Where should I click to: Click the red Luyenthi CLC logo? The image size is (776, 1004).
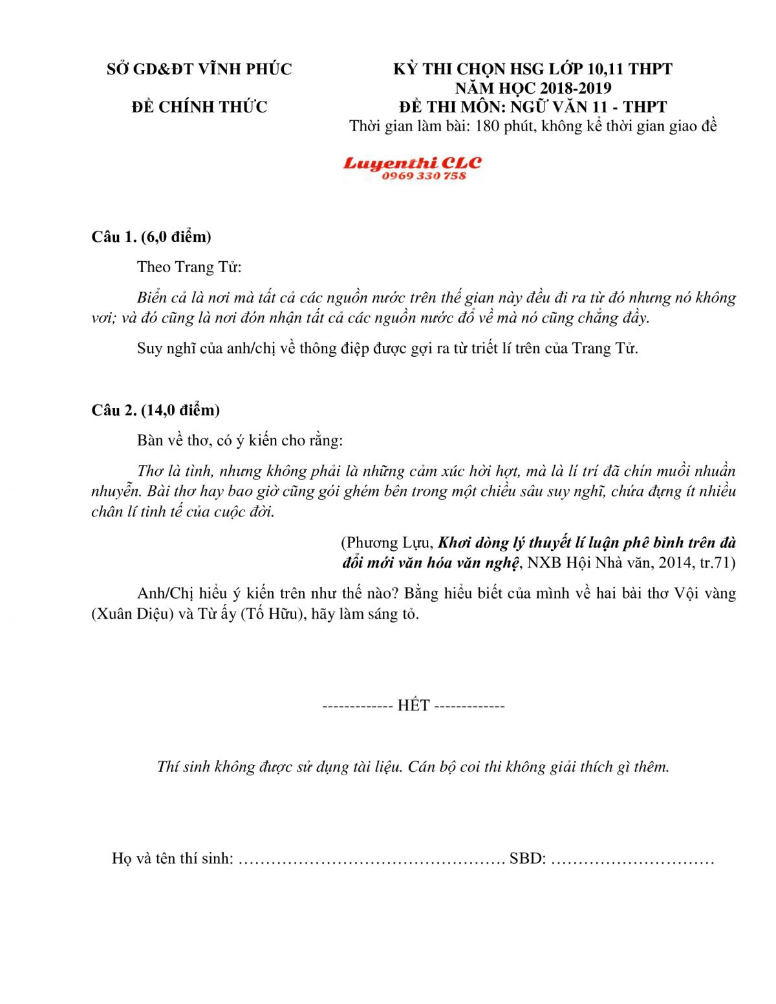tap(412, 163)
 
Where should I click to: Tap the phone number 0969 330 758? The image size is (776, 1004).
tap(424, 176)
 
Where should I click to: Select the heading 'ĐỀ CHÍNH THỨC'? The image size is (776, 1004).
tap(199, 107)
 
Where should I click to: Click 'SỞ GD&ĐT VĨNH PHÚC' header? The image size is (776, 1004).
tap(199, 69)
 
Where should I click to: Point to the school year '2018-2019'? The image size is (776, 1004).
tap(576, 88)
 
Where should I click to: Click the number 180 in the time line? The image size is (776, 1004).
tap(487, 125)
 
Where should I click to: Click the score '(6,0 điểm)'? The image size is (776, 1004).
tap(176, 237)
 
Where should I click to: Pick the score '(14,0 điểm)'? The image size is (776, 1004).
tap(180, 410)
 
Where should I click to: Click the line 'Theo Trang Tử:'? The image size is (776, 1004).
tap(189, 267)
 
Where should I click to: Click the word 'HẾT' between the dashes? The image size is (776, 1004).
tap(413, 705)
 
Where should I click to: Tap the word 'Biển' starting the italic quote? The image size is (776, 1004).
tap(152, 297)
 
